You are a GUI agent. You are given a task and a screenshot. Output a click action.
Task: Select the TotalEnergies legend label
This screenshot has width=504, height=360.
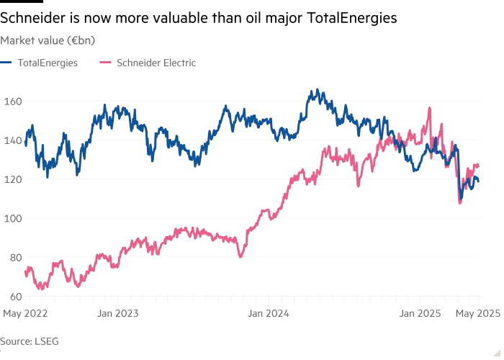[49, 63]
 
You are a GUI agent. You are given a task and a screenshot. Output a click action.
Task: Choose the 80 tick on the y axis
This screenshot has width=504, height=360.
[12, 257]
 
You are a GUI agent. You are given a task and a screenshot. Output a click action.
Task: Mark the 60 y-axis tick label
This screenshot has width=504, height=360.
[12, 296]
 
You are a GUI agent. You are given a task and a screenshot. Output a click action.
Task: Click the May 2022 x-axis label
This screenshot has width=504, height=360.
[19, 313]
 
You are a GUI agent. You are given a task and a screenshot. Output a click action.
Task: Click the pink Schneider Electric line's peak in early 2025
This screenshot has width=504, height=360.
[430, 108]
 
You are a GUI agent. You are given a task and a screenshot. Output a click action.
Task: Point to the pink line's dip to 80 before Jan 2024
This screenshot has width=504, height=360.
[240, 256]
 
